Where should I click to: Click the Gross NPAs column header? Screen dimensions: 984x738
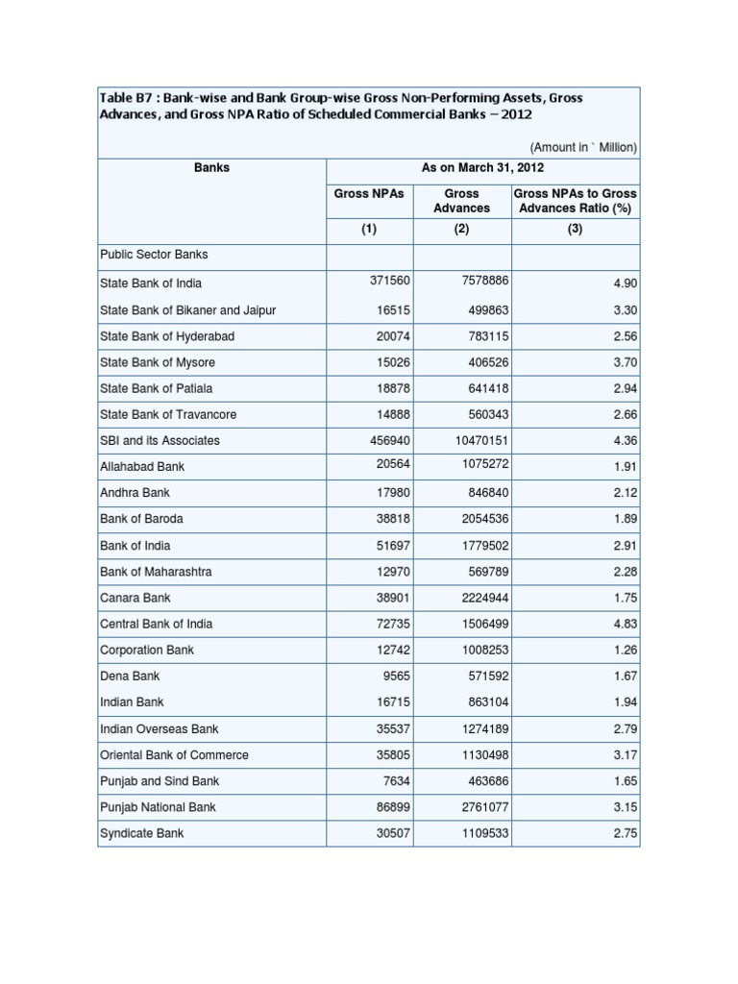369,193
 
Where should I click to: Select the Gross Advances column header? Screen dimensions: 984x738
461,200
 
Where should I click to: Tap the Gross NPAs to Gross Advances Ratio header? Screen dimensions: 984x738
575,200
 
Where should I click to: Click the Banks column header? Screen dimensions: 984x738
211,167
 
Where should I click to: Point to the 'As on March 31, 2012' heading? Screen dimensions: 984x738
482,167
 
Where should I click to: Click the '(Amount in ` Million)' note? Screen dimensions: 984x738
583,147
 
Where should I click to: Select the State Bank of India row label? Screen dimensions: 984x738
151,283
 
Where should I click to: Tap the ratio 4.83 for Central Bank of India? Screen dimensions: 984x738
625,625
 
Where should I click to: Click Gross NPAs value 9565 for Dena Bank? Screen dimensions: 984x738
395,676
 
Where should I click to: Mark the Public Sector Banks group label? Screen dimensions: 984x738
154,255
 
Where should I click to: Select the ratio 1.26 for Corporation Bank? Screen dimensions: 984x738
625,651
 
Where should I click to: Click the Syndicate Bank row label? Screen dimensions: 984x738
141,833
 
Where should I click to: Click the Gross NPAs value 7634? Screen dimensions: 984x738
395,781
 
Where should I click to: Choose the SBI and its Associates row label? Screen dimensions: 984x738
160,440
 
